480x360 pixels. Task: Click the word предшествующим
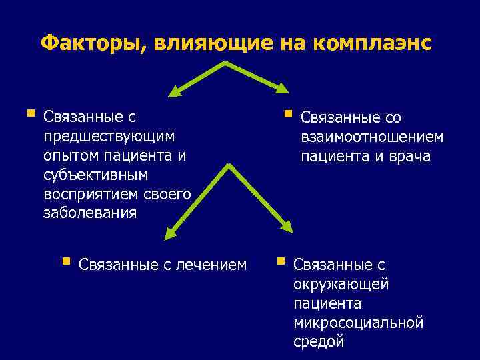point(108,136)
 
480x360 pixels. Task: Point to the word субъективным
point(95,175)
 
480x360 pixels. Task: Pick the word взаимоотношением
point(371,137)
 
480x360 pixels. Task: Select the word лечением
point(213,265)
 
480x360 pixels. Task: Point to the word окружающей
point(341,285)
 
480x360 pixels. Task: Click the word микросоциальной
point(358,323)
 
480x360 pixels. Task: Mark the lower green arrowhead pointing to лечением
point(171,234)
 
